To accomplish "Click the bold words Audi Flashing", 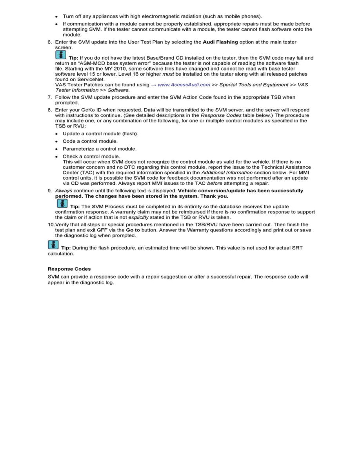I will click(220, 42).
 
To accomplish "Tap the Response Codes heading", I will click(69, 269).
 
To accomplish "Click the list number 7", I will click(49, 97).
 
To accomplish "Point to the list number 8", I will click(49, 110).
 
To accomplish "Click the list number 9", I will click(49, 191).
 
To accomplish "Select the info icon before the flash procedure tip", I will click(53, 246).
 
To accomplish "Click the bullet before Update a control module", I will click(57, 134).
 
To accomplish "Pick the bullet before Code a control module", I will click(57, 141).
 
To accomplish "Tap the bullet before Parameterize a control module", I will click(57, 149).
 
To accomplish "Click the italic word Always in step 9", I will click(64, 191).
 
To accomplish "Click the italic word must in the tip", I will click(167, 74).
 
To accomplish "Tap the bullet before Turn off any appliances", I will click(57, 16).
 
